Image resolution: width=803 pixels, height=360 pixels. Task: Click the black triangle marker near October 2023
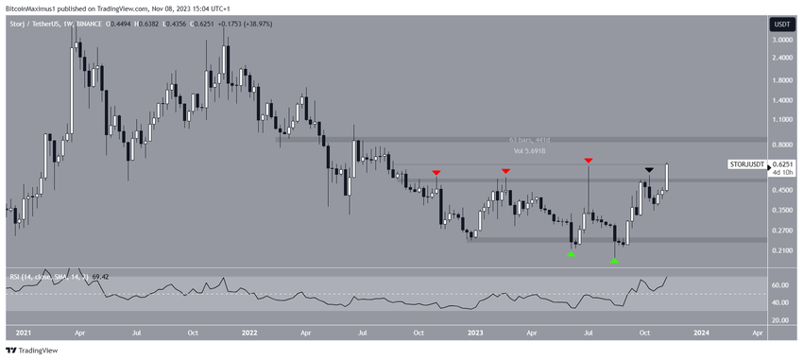coord(648,170)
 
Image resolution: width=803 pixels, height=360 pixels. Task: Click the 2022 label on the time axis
coord(249,334)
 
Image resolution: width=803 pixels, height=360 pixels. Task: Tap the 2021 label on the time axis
coord(24,334)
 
